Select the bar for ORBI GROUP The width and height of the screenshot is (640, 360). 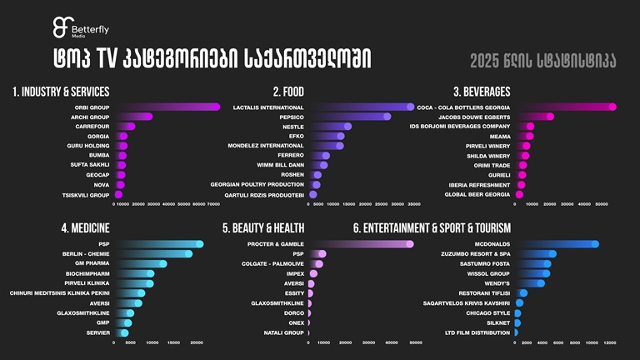(x=167, y=107)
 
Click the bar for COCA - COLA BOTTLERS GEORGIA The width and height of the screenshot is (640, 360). (x=566, y=107)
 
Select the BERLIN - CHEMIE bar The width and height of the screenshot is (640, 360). (x=153, y=254)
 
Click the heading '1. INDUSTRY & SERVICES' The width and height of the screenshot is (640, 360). (x=61, y=91)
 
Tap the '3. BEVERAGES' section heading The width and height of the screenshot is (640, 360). (x=482, y=91)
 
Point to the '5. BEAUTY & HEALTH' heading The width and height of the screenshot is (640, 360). (x=263, y=227)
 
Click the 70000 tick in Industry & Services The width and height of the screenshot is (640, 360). (x=213, y=203)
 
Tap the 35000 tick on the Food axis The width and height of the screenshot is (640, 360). (x=413, y=203)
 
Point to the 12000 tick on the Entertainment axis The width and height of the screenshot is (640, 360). (x=610, y=342)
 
